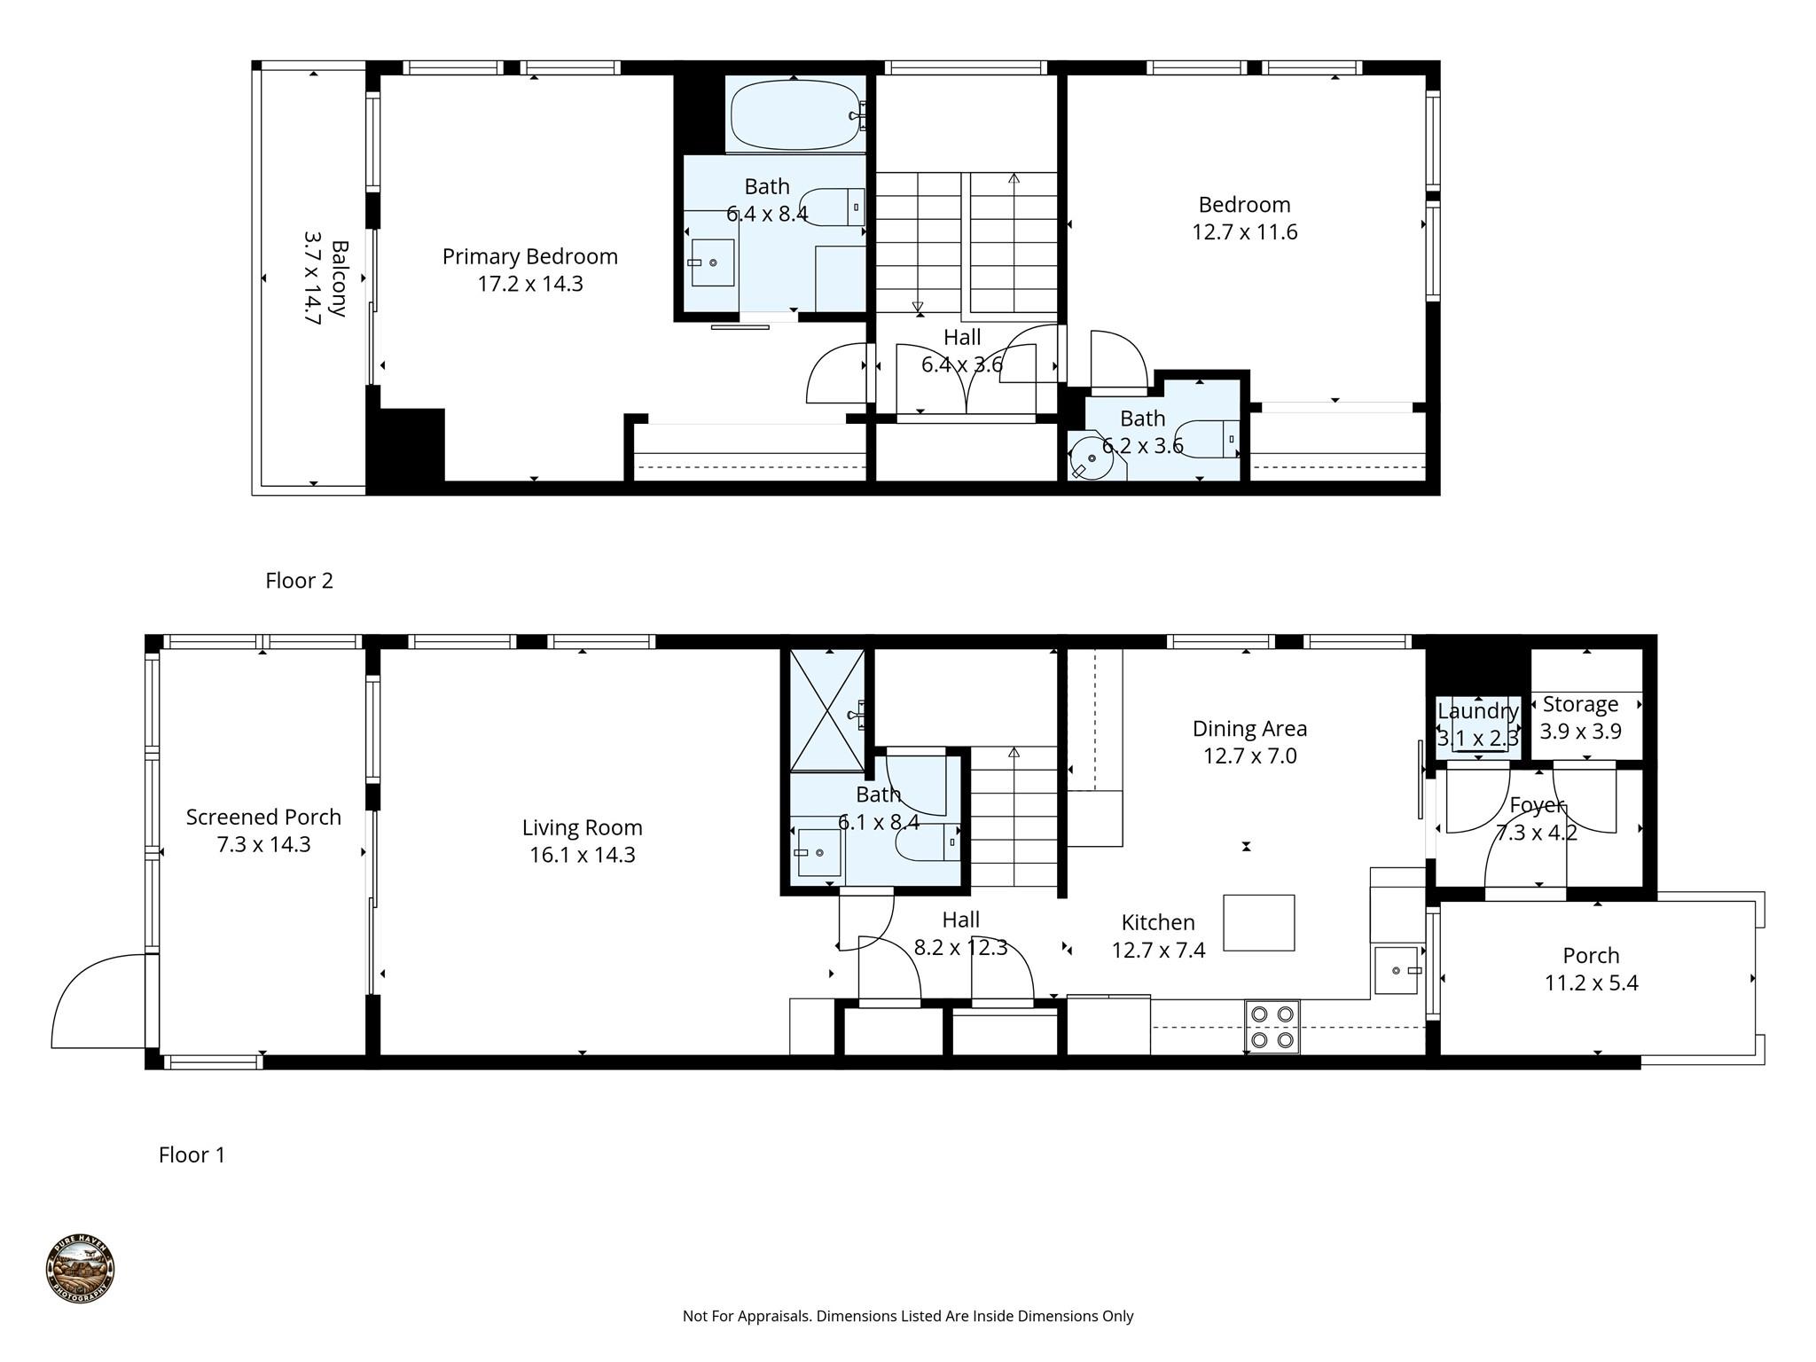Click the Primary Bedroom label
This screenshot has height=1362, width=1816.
click(x=529, y=257)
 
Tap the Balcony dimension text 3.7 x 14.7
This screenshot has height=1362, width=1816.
click(x=312, y=278)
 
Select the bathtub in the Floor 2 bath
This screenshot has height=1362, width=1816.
click(x=795, y=115)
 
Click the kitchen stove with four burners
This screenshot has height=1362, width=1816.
click(x=1272, y=1027)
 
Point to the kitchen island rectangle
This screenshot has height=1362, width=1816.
click(x=1259, y=922)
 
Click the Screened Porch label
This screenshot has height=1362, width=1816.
click(x=263, y=817)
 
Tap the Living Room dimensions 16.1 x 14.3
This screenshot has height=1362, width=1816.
click(x=583, y=856)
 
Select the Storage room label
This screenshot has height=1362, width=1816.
click(x=1580, y=705)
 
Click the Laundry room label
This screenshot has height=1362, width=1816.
click(x=1478, y=711)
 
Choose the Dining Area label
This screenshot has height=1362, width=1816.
click(x=1249, y=729)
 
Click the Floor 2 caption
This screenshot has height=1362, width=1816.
click(x=299, y=581)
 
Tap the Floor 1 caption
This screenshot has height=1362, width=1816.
click(x=192, y=1155)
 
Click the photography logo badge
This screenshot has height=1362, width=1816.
click(x=80, y=1270)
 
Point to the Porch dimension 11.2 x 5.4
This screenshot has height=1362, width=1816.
click(x=1592, y=983)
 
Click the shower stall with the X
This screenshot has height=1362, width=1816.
click(x=827, y=710)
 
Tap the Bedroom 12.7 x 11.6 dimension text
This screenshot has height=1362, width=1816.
click(x=1245, y=232)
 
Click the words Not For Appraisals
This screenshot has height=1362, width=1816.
click(x=747, y=1317)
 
